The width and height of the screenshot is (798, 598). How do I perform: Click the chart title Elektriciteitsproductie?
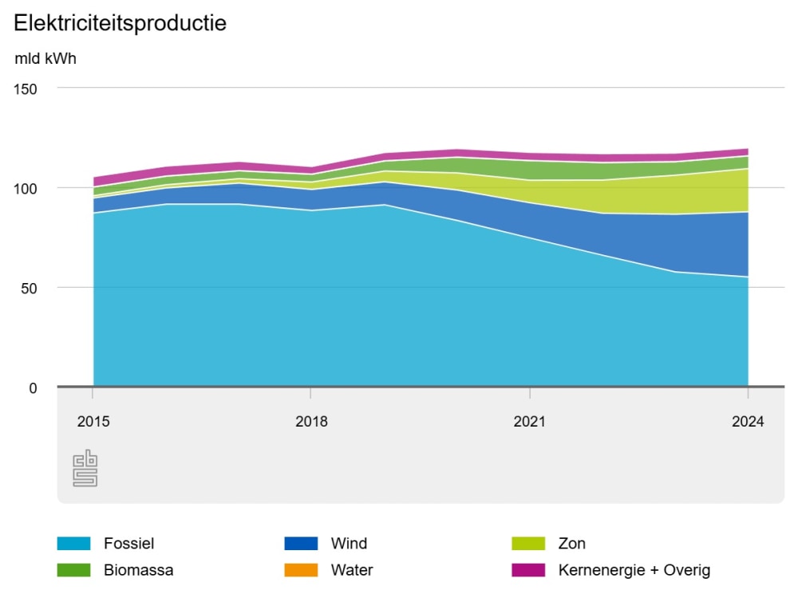[120, 23]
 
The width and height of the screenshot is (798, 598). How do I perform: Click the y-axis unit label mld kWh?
[45, 59]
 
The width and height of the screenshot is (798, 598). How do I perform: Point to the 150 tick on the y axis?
[26, 89]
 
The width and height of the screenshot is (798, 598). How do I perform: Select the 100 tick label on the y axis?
[26, 188]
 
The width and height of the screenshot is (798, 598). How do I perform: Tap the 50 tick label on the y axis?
[30, 288]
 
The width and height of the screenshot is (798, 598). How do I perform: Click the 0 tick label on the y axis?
[33, 388]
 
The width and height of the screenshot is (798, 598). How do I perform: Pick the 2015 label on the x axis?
[93, 422]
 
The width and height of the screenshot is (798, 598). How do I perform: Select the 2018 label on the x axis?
[311, 422]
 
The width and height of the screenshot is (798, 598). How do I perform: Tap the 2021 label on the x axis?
[530, 422]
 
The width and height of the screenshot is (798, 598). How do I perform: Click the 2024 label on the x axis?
[748, 422]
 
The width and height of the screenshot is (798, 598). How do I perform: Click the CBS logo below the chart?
[85, 469]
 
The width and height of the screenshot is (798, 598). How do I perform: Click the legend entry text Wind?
[349, 544]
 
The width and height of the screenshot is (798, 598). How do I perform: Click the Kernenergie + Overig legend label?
[634, 570]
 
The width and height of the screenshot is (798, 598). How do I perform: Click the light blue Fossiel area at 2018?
[311, 303]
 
